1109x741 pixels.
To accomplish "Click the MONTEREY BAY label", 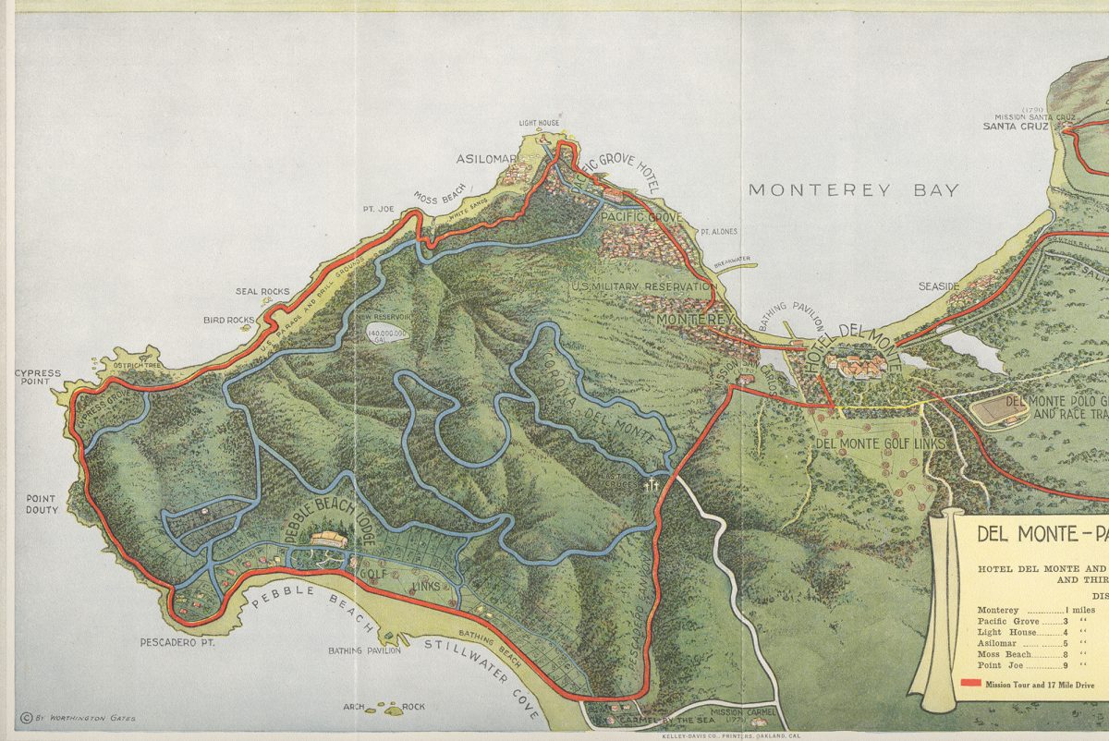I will click(x=853, y=190).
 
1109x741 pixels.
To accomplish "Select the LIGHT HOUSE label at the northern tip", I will click(x=539, y=123).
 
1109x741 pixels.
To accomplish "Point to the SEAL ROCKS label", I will click(x=262, y=292).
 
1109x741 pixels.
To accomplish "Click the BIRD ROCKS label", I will click(x=228, y=321).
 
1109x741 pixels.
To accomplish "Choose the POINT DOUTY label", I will click(x=41, y=504).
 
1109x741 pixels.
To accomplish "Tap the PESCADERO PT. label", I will click(x=177, y=641).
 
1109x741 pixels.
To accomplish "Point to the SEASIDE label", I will click(x=939, y=286).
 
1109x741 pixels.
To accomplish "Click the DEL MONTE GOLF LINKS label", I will click(x=881, y=444).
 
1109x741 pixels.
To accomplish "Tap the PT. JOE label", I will click(x=380, y=210).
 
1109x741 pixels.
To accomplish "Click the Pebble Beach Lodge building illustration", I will click(x=327, y=541).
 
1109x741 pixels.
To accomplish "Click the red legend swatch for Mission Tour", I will click(x=969, y=684).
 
